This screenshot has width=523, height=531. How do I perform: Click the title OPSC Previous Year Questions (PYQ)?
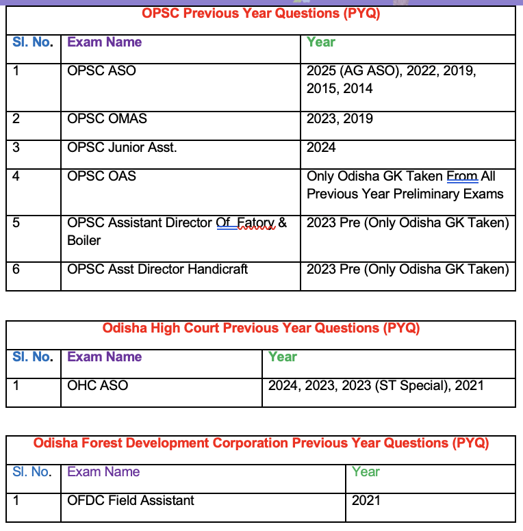click(261, 13)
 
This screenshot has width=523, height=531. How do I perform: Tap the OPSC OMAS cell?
click(107, 118)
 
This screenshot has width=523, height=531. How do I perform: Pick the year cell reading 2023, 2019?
click(340, 118)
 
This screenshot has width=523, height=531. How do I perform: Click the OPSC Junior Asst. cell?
click(122, 147)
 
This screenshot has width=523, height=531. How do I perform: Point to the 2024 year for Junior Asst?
click(321, 147)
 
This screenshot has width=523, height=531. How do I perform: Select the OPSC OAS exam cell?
click(101, 176)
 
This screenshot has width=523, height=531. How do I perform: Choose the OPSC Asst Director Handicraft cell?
click(157, 269)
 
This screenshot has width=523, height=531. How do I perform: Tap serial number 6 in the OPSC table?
click(16, 269)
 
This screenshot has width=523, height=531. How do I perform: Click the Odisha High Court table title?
click(261, 328)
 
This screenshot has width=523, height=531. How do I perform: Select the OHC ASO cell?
click(97, 385)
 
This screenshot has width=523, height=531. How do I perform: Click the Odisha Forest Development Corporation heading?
click(261, 443)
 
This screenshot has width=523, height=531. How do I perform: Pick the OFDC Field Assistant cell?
click(130, 500)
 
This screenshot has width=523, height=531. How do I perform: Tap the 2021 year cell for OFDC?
click(366, 500)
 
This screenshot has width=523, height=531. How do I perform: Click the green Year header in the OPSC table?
click(321, 42)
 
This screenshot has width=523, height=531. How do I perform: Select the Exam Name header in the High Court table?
click(104, 357)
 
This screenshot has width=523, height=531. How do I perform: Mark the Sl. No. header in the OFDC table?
click(31, 471)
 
